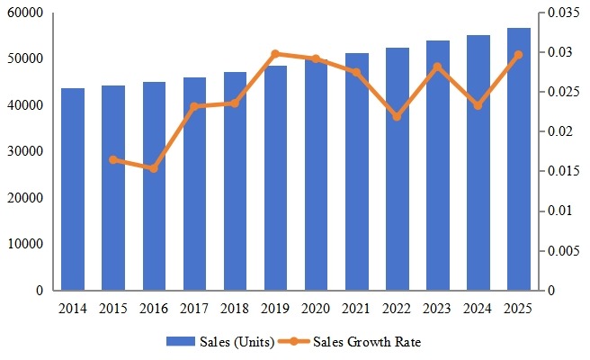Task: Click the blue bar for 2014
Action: pos(73,189)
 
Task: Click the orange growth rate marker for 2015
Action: pos(113,159)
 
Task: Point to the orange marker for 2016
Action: pos(154,168)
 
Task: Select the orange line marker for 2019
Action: pos(275,54)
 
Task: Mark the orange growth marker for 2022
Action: pos(398,117)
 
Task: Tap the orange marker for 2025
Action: pos(519,55)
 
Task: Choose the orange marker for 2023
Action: pos(438,67)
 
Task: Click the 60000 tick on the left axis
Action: pos(27,13)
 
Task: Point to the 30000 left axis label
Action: pos(27,152)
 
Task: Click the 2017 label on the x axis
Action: pos(194,309)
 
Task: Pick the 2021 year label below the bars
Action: pos(357,309)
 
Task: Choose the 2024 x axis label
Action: pos(478,309)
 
